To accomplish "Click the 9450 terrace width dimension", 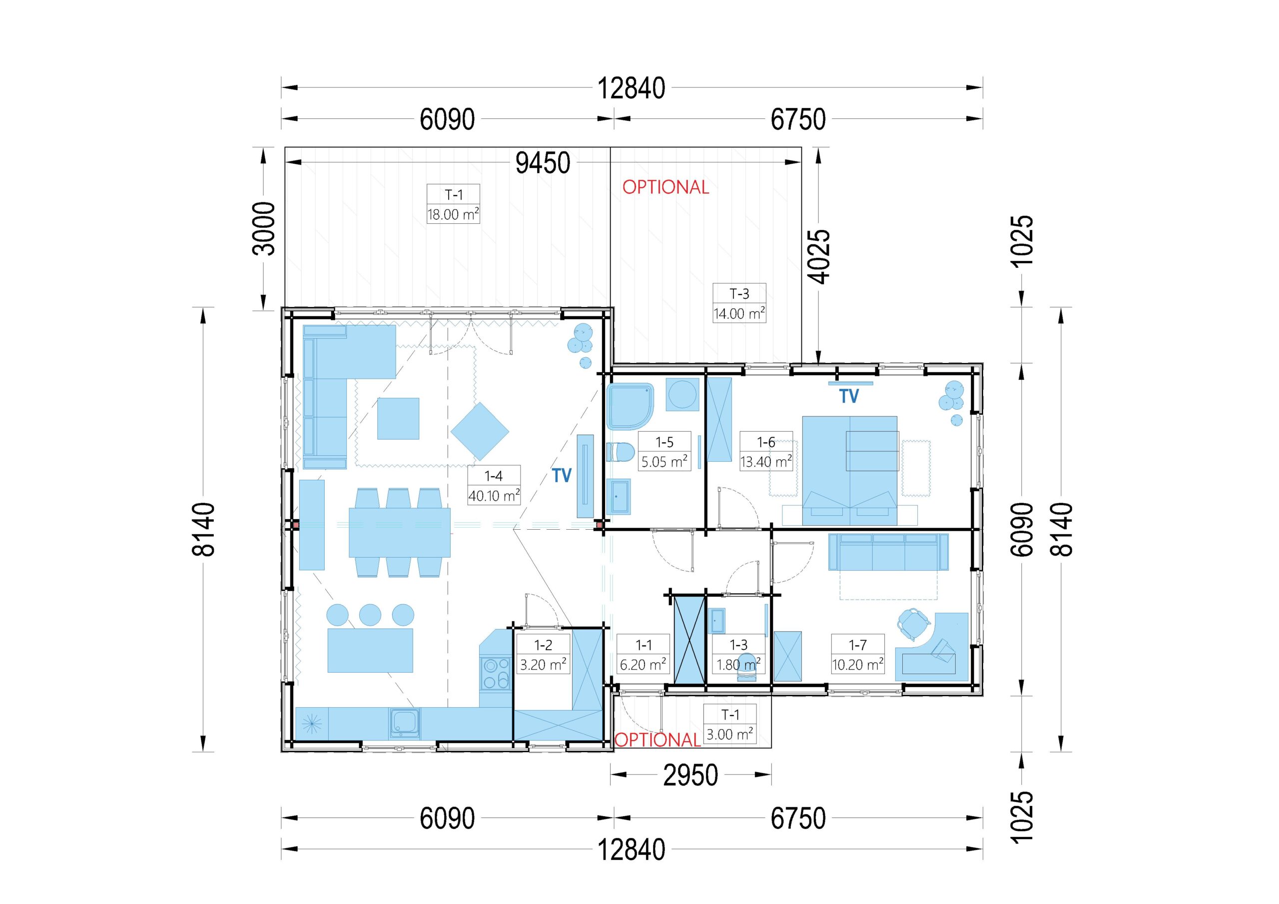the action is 543,163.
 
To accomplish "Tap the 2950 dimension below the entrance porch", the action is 690,775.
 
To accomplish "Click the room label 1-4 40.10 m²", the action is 494,485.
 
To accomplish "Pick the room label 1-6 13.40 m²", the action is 766,451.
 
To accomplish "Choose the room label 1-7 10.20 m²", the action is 857,654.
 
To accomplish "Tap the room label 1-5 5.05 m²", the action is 664,451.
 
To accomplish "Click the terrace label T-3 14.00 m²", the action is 739,303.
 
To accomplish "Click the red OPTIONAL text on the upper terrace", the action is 665,187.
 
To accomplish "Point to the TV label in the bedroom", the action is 849,396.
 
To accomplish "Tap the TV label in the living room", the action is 562,475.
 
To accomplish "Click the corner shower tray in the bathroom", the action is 630,406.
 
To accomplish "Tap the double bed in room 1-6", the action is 849,470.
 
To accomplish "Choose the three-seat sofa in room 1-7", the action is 888,552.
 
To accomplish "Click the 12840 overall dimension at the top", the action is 631,88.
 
